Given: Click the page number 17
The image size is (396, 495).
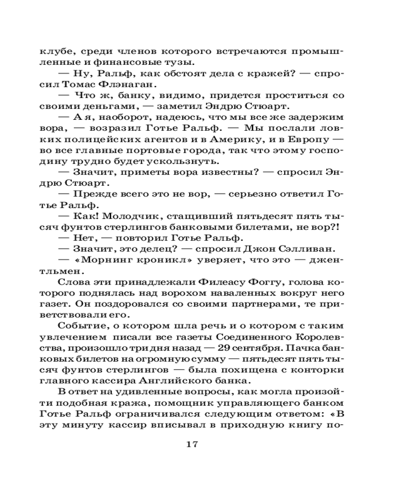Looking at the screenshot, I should (x=192, y=444).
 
